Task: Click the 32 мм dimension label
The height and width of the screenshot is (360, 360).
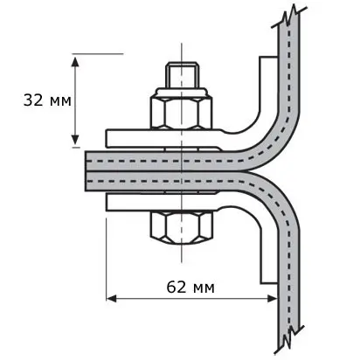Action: click(47, 100)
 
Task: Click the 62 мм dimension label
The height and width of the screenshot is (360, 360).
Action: click(190, 287)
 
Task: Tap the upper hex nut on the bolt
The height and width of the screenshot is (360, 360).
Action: click(181, 113)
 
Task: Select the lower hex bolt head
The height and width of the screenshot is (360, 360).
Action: click(181, 227)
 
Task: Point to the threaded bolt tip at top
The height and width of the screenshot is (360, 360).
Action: click(183, 75)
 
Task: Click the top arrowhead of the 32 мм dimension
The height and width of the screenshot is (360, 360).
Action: click(75, 63)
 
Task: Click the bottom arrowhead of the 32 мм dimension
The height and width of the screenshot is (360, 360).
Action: click(75, 139)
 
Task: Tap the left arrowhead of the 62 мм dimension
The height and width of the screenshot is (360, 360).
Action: click(112, 299)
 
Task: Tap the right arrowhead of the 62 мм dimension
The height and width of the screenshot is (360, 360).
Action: click(272, 299)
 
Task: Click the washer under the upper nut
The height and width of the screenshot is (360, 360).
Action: click(181, 93)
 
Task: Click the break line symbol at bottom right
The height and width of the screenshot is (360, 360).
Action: click(289, 338)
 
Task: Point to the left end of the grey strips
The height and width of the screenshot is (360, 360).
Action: click(87, 171)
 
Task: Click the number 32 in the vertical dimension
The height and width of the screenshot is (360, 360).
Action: click(33, 100)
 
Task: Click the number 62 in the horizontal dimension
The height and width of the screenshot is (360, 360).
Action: click(177, 287)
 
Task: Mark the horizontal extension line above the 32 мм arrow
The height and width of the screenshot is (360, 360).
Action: click(98, 54)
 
